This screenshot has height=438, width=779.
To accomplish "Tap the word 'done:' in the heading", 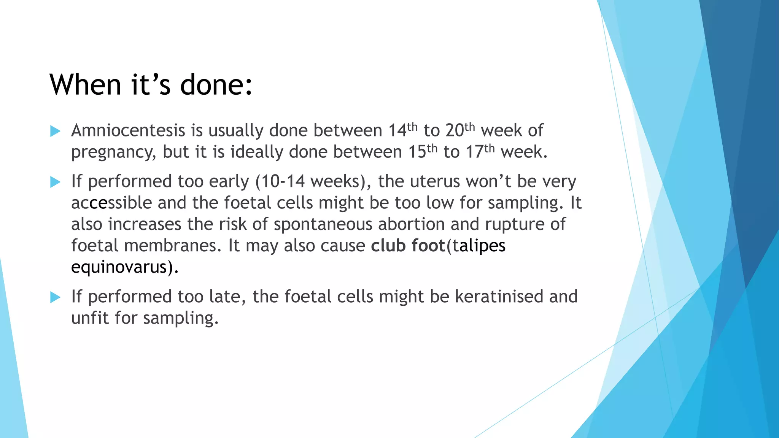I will click(x=216, y=84).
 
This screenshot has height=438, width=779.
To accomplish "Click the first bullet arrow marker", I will click(x=56, y=131).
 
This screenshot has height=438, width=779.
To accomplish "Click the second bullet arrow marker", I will click(x=56, y=182).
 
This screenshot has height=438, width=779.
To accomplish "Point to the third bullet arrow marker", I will click(x=56, y=297).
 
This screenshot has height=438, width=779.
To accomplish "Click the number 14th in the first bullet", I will click(x=403, y=130).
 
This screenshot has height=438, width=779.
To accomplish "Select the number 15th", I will click(x=423, y=152).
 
